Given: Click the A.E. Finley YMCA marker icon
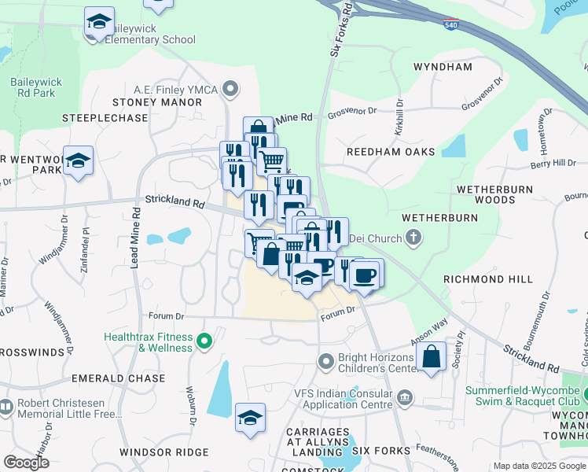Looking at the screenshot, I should tap(231, 88).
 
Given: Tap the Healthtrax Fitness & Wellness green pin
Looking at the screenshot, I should tap(204, 341).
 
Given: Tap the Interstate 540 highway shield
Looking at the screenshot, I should tap(450, 25).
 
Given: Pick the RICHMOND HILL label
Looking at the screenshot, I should tap(487, 279).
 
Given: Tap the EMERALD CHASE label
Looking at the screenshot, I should tap(119, 378).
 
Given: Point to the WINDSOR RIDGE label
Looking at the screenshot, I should tap(164, 452).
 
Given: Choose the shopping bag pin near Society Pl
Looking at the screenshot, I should tap(432, 357).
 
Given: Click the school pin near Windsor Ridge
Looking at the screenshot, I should tap(250, 418).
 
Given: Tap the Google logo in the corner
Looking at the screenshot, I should tap(26, 463).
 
